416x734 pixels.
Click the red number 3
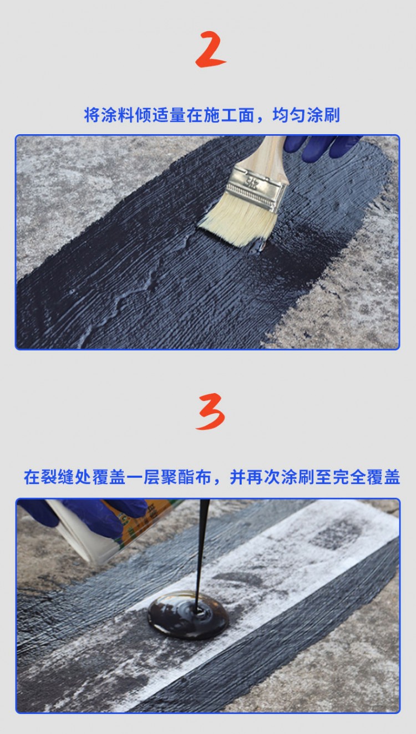pyautogui.click(x=211, y=411)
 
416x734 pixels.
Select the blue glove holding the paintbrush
pyautogui.click(x=322, y=146)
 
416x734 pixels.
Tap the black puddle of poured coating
pyautogui.click(x=188, y=615)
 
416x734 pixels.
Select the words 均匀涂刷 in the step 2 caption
pyautogui.click(x=306, y=115)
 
